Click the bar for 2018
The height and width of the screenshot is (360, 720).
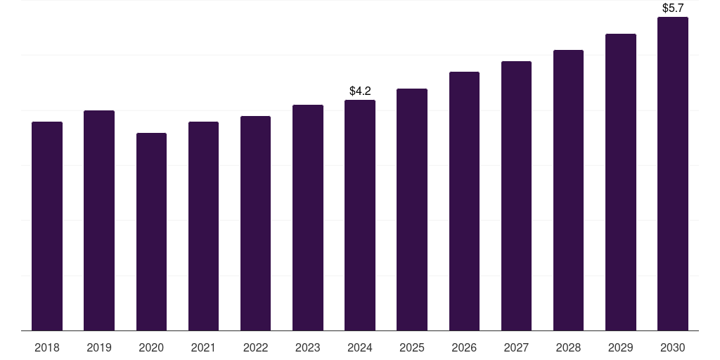tap(47, 226)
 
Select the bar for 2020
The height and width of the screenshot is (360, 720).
tap(151, 231)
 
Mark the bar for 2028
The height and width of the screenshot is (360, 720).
tap(568, 190)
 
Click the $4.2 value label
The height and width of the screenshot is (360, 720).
tap(360, 91)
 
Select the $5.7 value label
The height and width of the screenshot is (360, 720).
tap(673, 8)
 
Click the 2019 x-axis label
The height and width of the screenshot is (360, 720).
tap(99, 347)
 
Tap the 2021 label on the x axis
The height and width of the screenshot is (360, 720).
tap(203, 347)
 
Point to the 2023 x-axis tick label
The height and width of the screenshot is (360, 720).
tap(308, 347)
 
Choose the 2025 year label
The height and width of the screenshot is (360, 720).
tap(412, 347)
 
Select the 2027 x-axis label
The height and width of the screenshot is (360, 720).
tap(516, 347)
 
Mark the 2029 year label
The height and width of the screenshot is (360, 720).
tap(621, 347)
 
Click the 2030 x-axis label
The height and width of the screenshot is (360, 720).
tap(673, 347)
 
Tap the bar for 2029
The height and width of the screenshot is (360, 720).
tap(621, 182)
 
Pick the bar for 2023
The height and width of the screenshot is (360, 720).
tap(308, 217)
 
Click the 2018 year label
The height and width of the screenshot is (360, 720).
tap(47, 347)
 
